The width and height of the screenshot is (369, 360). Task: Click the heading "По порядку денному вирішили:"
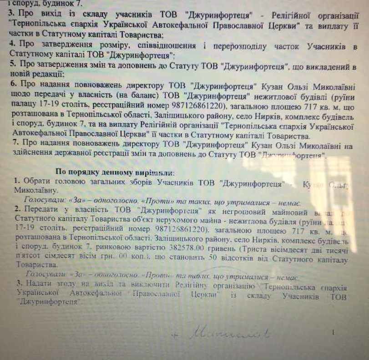pyautogui.click(x=118, y=172)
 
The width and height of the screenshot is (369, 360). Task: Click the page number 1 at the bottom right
pyautogui.click(x=334, y=334)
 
